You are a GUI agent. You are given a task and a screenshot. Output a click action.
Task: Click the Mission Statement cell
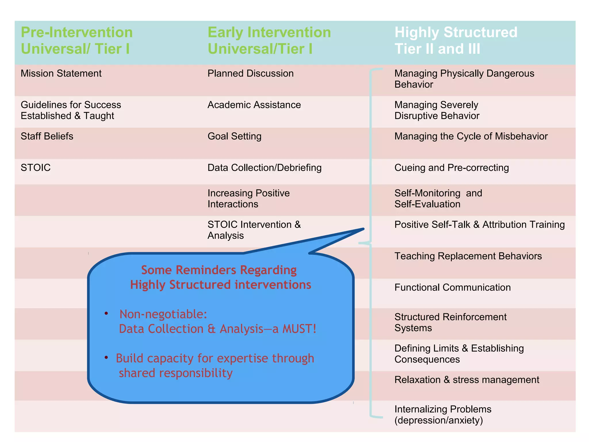(x=61, y=73)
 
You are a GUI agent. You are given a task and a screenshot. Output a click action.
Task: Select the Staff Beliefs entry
(x=47, y=136)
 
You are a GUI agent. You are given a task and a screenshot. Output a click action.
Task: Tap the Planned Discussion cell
(x=250, y=73)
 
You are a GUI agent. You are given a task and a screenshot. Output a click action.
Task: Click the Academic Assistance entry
(x=254, y=105)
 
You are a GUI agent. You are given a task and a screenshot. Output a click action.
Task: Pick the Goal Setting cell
(x=234, y=136)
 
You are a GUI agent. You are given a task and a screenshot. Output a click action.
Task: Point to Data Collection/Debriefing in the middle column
(x=264, y=167)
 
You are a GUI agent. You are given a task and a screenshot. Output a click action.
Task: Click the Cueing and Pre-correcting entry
(x=451, y=167)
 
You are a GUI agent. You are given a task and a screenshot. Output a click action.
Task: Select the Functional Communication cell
(x=452, y=287)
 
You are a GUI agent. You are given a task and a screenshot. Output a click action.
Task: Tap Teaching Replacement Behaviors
(x=468, y=256)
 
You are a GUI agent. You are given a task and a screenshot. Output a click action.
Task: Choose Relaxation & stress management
(x=466, y=380)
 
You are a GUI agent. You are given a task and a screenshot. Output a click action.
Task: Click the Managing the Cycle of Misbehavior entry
(x=471, y=136)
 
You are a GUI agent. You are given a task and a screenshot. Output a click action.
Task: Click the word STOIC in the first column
(x=36, y=167)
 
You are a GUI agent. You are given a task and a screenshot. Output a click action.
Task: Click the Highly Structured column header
(x=456, y=40)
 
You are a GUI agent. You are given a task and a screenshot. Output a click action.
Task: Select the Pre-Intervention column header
(x=77, y=40)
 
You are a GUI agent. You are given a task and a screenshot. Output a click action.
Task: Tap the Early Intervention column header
(x=269, y=40)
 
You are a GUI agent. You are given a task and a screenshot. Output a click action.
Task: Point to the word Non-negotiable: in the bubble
(x=163, y=314)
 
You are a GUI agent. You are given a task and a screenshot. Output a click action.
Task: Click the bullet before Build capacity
(x=106, y=357)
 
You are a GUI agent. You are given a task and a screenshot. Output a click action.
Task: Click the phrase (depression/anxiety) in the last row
(x=438, y=420)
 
